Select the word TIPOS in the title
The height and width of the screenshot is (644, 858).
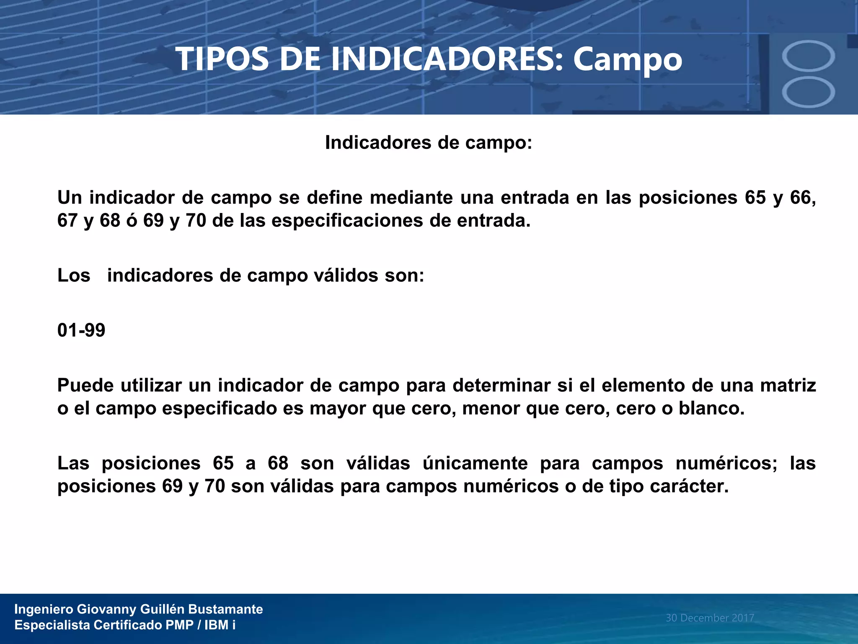(x=222, y=59)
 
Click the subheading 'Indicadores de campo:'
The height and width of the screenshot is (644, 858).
(x=429, y=143)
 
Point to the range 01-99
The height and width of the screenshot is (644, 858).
(x=81, y=330)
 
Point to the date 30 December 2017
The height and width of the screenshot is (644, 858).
(x=710, y=618)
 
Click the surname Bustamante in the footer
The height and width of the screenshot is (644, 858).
(x=225, y=609)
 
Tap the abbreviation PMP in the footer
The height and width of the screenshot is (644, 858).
(x=179, y=625)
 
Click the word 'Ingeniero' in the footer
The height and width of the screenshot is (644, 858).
(x=44, y=609)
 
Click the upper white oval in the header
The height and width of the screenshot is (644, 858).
(x=808, y=56)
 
